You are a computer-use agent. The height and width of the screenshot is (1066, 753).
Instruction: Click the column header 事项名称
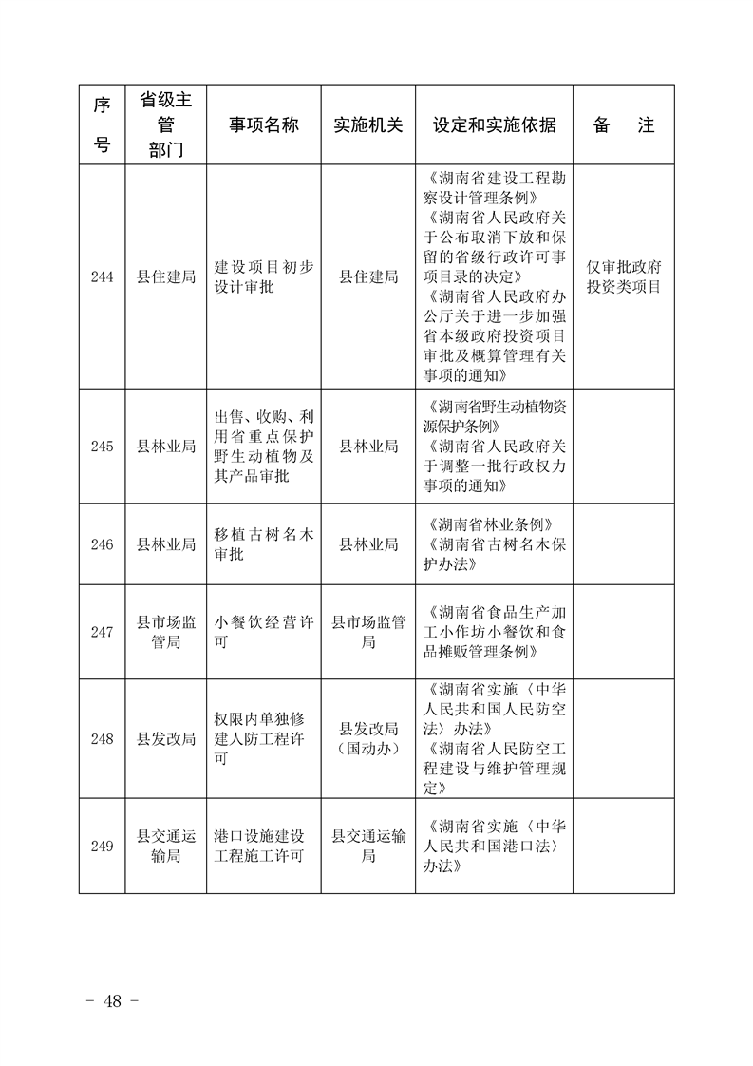[x=263, y=125]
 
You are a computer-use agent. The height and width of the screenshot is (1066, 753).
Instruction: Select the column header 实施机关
[x=368, y=125]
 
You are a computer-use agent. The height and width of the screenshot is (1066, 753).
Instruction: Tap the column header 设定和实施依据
[x=494, y=125]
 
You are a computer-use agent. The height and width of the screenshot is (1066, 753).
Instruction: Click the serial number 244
[x=102, y=276]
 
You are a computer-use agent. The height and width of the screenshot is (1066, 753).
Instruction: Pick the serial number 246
[x=102, y=544]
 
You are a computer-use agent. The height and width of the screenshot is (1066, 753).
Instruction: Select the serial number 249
[x=102, y=846]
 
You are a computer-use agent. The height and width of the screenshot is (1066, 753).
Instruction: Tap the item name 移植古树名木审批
[x=263, y=544]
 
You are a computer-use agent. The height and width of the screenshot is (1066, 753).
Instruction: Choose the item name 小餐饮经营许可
[x=263, y=632]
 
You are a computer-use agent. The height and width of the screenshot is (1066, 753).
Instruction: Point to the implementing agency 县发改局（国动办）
[x=368, y=739]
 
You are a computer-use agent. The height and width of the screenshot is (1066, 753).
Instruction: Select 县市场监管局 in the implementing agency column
[x=368, y=632]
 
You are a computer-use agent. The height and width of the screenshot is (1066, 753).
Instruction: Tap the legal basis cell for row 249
[x=494, y=846]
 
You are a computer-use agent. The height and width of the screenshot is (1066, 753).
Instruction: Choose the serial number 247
[x=102, y=632]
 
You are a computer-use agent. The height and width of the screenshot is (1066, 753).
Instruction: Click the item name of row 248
[x=263, y=739]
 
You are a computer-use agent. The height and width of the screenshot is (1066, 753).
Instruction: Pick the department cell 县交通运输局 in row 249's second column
[x=166, y=846]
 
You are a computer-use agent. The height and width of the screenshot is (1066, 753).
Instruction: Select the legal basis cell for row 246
[x=494, y=544]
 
